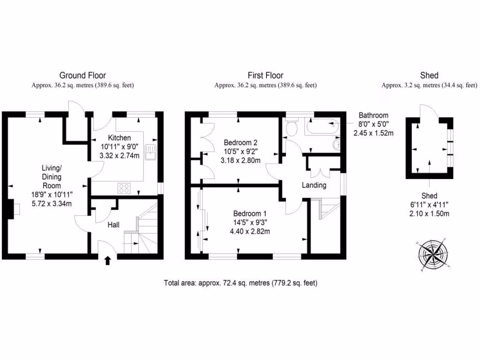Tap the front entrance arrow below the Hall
[107, 260]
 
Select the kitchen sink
[151, 152]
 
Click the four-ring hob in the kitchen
[125, 188]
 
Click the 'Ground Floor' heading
[82, 75]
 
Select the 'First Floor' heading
[265, 75]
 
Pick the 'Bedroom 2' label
[240, 142]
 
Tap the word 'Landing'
[314, 185]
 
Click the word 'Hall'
[113, 225]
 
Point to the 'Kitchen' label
[119, 138]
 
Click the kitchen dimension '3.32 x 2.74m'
[119, 156]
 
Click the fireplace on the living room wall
[11, 209]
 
